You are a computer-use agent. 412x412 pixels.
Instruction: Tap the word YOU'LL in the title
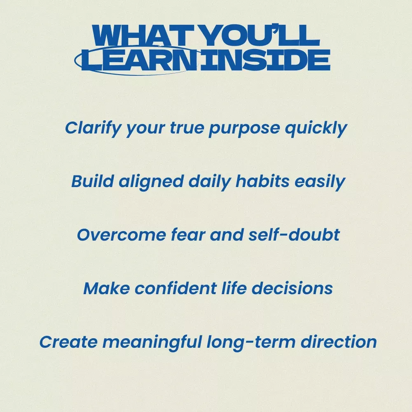coord(260,35)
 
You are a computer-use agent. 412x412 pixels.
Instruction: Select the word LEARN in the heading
coord(139,60)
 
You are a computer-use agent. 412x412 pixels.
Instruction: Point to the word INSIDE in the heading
coord(265,60)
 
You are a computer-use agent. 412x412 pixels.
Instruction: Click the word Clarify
coord(93,129)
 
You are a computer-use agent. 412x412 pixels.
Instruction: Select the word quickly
coord(316,129)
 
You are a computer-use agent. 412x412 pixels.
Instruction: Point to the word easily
coord(320,182)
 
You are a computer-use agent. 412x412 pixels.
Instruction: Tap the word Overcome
coord(122,235)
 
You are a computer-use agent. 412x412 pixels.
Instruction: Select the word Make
coord(106,288)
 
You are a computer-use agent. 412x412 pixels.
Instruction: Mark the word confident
coord(175,288)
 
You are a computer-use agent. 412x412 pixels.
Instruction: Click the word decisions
coord(292,288)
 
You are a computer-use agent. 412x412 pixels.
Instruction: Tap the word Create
coord(68,342)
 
